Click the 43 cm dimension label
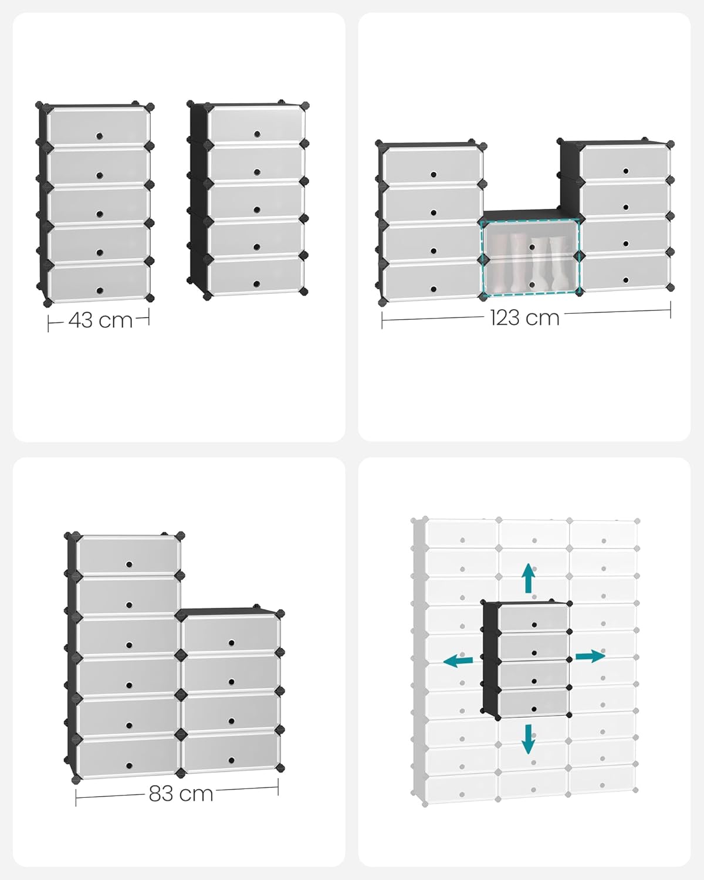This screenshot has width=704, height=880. click(x=100, y=320)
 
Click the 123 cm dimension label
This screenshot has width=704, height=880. click(x=524, y=318)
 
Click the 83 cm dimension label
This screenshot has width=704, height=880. click(x=181, y=793)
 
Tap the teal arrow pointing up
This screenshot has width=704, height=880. click(x=529, y=578)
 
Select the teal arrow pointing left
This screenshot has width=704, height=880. click(x=458, y=661)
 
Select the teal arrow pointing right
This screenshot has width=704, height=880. click(x=590, y=656)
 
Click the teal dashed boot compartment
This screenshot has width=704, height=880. click(x=531, y=257)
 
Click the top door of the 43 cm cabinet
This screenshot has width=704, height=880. click(x=98, y=126)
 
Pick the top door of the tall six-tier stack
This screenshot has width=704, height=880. click(x=128, y=555)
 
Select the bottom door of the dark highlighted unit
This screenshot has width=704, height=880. click(x=533, y=702)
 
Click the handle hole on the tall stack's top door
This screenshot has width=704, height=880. click(x=128, y=564)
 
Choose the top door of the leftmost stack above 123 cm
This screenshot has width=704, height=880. click(x=432, y=166)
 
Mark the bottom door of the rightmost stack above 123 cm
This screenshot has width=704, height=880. click(x=626, y=272)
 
